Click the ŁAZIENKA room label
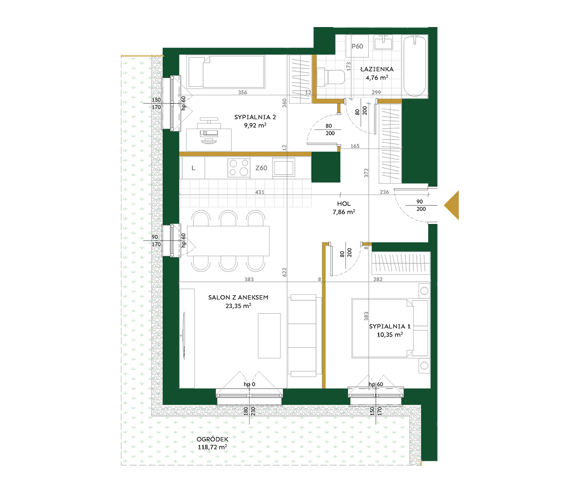click(377, 69)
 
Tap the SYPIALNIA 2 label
click(255, 117)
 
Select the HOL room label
click(344, 204)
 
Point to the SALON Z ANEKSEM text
click(238, 298)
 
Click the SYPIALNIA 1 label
click(390, 326)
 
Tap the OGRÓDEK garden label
click(212, 439)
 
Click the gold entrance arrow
click(451, 205)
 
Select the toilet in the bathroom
click(330, 77)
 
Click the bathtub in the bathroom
click(415, 66)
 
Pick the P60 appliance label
click(357, 46)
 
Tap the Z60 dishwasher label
click(261, 168)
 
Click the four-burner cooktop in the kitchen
click(239, 168)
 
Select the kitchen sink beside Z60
click(283, 168)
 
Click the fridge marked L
click(193, 168)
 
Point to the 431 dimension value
click(260, 192)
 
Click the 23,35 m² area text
click(238, 306)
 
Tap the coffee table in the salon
click(269, 336)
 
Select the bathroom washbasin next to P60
click(383, 42)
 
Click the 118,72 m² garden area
click(212, 447)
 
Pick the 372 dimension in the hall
click(366, 173)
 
